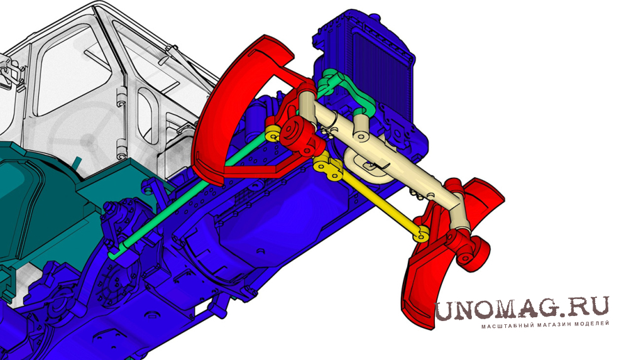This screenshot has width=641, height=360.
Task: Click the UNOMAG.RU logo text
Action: coord(522,308)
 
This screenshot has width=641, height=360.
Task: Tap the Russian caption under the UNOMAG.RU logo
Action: coord(545,325)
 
